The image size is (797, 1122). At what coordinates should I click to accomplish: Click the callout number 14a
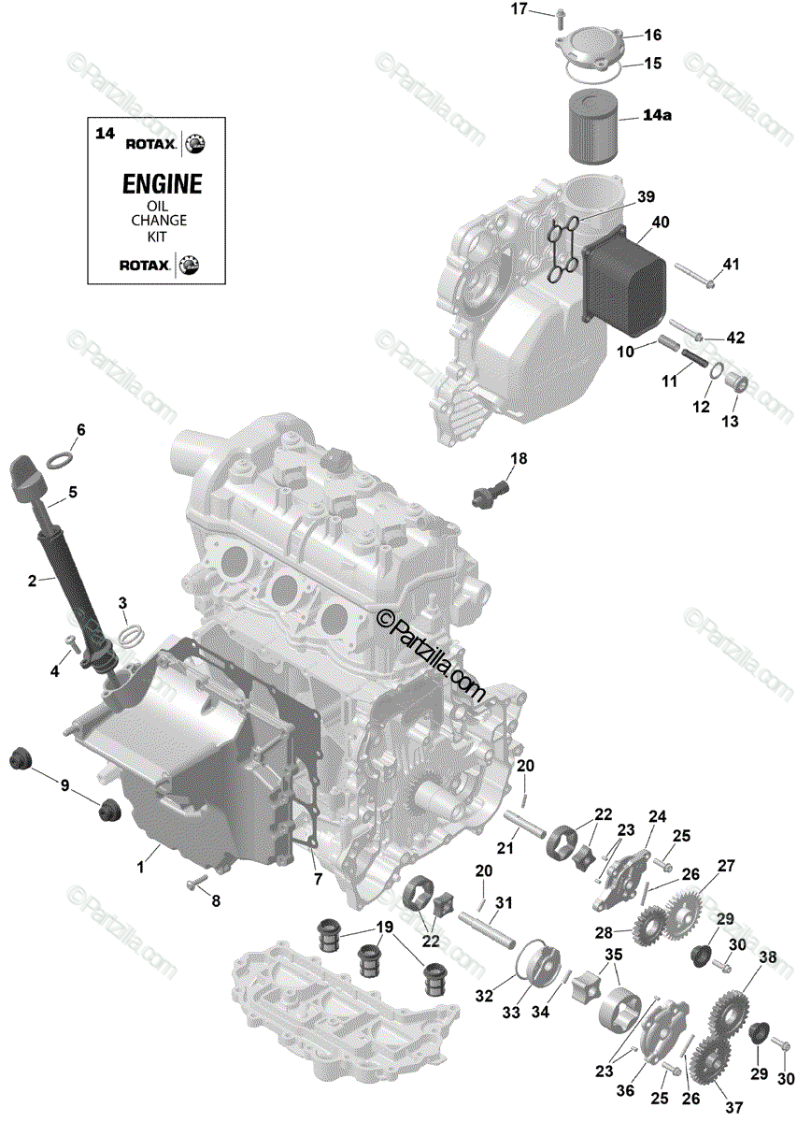coord(657,116)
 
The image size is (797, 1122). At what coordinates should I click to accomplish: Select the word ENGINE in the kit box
coord(162,183)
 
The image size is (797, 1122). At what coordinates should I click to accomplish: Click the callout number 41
coord(730,265)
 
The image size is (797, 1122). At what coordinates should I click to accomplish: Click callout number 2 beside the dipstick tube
coord(32,581)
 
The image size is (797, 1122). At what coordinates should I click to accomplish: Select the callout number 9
coord(64,785)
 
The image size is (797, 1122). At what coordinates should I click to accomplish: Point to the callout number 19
coord(383,928)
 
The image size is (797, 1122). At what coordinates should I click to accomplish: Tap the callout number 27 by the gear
coord(726,865)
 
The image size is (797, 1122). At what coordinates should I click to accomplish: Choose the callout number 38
coord(767,957)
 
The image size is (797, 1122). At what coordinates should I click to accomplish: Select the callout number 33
coord(512,1014)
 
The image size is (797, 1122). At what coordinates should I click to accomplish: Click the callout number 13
coord(730,422)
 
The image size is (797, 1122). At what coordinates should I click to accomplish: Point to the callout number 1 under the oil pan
coord(141,867)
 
